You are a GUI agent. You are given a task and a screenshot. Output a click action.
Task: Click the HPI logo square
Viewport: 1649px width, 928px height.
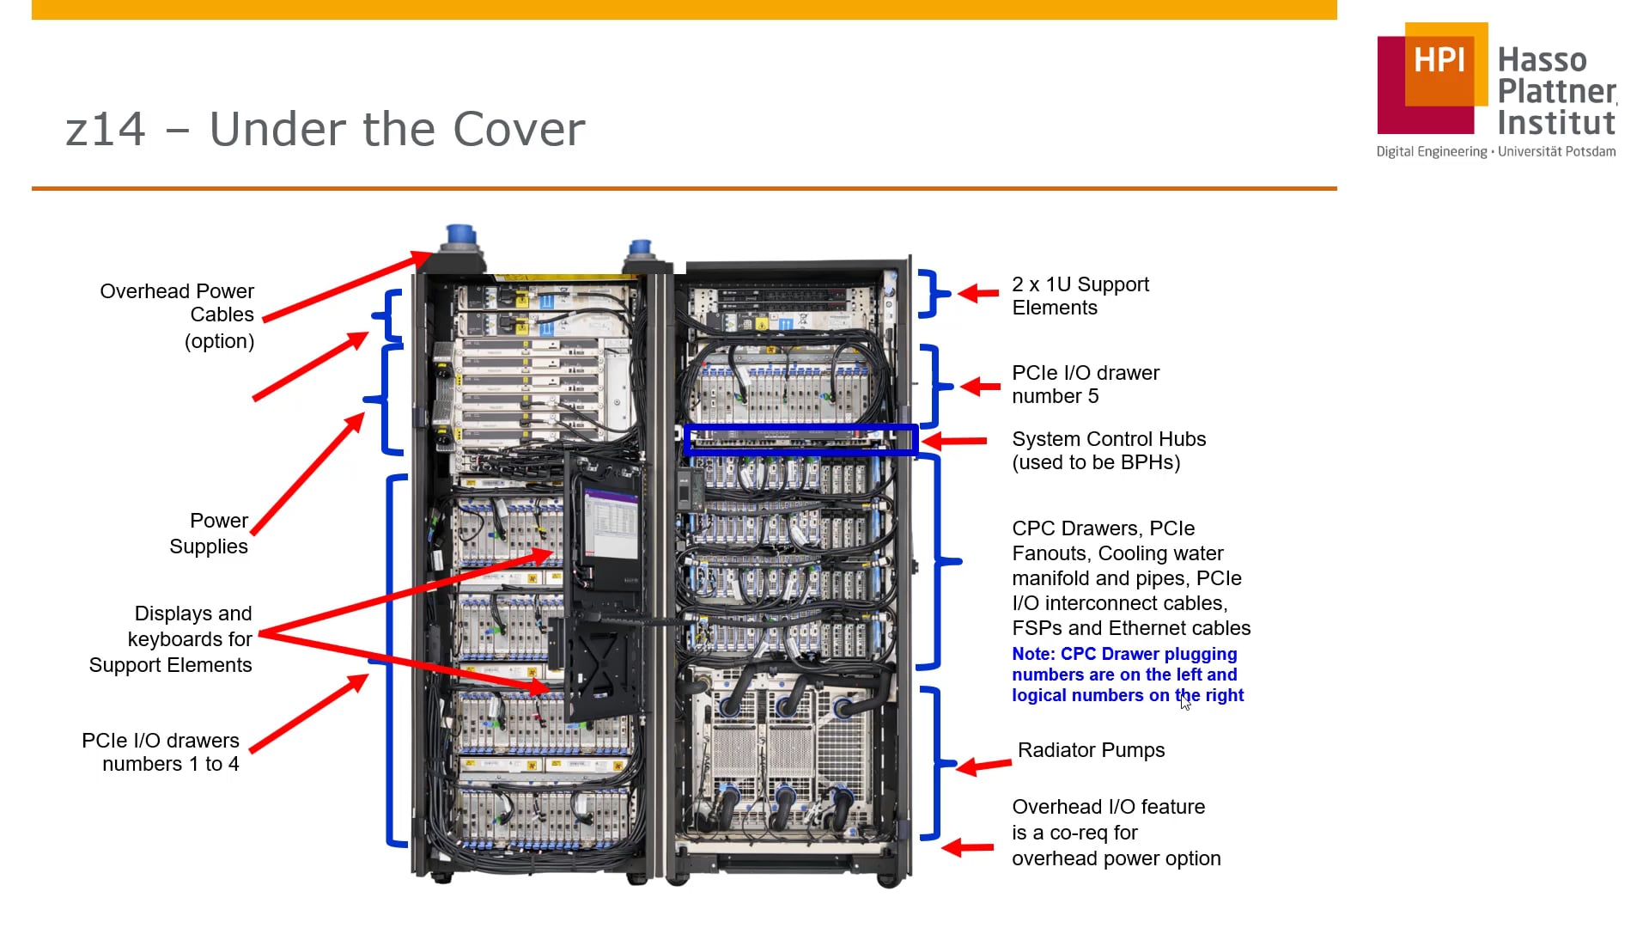[x=1432, y=78]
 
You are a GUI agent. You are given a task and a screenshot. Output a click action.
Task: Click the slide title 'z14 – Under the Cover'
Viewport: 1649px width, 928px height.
[x=326, y=130]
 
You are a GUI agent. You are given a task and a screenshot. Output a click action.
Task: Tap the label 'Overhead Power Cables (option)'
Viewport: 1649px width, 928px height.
[x=177, y=315]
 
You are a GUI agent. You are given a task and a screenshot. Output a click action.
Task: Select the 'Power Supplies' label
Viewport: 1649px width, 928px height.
[x=209, y=534]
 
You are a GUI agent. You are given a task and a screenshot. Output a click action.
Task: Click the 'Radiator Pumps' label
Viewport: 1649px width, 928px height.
[x=1091, y=750]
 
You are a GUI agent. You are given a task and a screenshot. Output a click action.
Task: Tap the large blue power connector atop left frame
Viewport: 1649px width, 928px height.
[x=459, y=237]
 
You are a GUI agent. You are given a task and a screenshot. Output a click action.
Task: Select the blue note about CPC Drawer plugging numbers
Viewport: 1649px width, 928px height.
[x=1127, y=675]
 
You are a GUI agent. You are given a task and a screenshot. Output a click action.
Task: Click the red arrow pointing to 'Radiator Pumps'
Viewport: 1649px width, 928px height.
[x=983, y=765]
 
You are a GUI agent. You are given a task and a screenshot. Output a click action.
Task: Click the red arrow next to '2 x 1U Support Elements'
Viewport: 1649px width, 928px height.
[x=978, y=293]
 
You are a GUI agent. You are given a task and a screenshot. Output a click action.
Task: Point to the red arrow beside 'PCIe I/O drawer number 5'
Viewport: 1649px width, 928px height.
[x=980, y=386]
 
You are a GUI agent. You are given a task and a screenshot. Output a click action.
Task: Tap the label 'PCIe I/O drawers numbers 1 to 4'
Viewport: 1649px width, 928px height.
[x=161, y=752]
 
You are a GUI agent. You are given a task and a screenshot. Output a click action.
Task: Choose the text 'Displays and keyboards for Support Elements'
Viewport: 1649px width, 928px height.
[x=171, y=638]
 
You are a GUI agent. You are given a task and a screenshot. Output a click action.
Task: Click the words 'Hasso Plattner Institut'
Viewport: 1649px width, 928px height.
[x=1555, y=91]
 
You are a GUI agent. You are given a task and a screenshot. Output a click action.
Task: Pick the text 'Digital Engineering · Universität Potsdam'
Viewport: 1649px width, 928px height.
[x=1495, y=152]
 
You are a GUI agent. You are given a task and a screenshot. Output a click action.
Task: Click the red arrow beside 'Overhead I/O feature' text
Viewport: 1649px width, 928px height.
[x=968, y=848]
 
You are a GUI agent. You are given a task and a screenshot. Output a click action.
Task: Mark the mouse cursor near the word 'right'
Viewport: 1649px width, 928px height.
[x=1185, y=703]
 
